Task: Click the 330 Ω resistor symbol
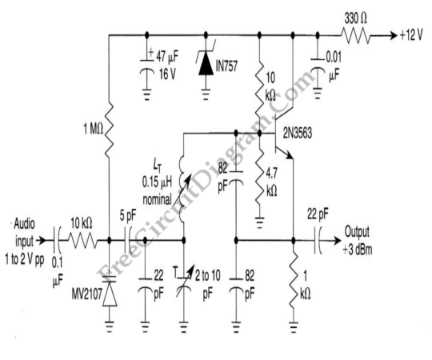tap(356, 36)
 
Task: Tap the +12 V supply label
tap(411, 35)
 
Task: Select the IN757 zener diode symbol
tap(206, 64)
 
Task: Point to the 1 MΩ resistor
tap(109, 129)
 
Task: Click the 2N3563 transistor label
tap(298, 134)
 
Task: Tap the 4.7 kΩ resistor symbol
tap(259, 178)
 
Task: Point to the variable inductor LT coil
tap(183, 190)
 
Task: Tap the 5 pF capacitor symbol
tap(127, 240)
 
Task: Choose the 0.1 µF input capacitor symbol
tap(57, 241)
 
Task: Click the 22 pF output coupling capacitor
tap(318, 240)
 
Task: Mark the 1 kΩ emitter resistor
tap(293, 278)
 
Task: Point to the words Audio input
tap(24, 233)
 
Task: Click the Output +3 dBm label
tap(357, 241)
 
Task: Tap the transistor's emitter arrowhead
tap(290, 156)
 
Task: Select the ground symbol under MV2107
tap(110, 326)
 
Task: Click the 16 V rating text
tap(167, 74)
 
